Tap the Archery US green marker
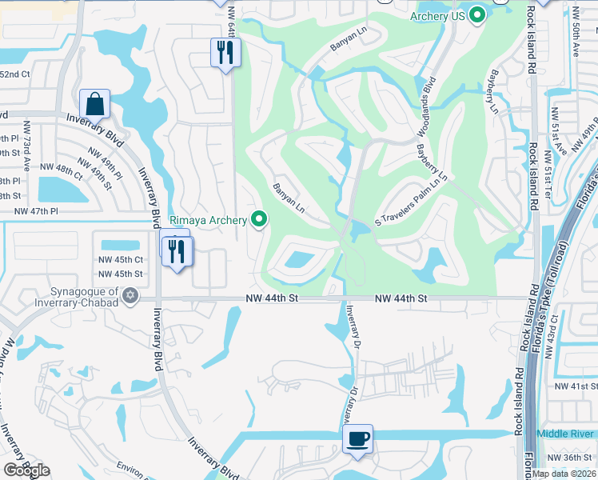(x=477, y=14)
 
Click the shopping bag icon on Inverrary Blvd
(x=94, y=103)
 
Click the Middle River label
(x=566, y=434)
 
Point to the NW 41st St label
(x=576, y=386)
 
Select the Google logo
(x=26, y=470)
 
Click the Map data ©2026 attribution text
(x=564, y=473)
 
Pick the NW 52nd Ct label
(x=14, y=74)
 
